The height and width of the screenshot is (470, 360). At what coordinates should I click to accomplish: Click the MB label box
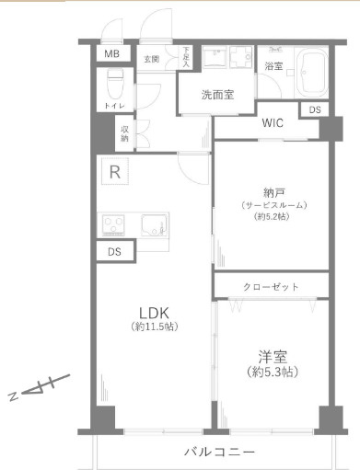110,53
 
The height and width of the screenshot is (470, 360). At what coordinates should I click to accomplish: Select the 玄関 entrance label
152,59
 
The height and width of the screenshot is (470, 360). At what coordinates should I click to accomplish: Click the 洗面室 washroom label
217,94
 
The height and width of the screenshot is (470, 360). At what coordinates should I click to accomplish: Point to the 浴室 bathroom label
273,66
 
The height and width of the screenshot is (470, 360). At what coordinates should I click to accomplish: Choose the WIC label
273,122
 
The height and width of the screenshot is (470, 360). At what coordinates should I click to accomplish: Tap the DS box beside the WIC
315,110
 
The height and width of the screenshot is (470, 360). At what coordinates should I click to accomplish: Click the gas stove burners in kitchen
118,224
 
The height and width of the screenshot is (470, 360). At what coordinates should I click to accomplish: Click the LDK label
153,311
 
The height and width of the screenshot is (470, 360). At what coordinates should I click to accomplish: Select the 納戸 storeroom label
273,192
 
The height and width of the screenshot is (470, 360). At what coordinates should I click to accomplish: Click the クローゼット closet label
271,287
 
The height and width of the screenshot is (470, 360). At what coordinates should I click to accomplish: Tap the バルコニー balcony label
218,451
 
